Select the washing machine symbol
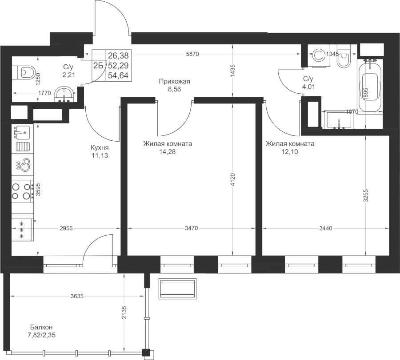(319, 56)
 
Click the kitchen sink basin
(21, 132)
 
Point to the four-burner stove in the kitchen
(21, 191)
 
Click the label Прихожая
(175, 81)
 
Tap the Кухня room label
(100, 147)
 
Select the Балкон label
(41, 327)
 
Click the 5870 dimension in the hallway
(192, 54)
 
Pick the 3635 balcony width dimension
(77, 296)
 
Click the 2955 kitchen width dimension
(66, 228)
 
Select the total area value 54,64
(118, 75)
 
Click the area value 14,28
(168, 152)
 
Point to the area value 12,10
(289, 152)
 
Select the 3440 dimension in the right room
(326, 228)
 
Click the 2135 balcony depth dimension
(124, 313)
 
